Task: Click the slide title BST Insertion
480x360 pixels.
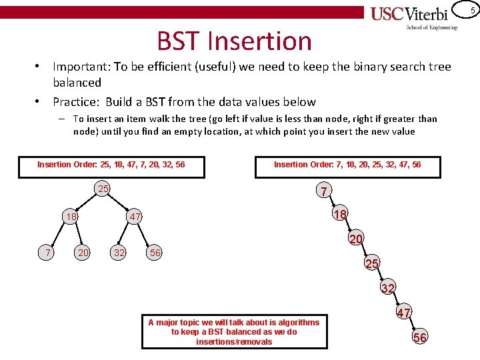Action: (234, 41)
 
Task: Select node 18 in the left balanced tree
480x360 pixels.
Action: (71, 217)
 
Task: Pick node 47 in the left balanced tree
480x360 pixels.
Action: (135, 217)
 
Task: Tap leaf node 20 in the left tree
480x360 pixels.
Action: (83, 252)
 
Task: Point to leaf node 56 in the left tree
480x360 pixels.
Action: (155, 252)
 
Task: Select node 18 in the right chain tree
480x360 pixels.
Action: (340, 215)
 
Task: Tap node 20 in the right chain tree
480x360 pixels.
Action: (356, 239)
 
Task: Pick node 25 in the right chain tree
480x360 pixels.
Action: (372, 264)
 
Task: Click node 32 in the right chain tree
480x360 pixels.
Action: (388, 288)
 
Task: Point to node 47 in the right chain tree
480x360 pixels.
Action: (404, 313)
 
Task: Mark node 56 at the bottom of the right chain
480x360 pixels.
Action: (420, 337)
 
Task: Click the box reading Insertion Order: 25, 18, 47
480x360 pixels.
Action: (111, 165)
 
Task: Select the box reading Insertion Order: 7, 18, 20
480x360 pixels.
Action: (347, 165)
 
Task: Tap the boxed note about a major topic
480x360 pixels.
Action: (234, 331)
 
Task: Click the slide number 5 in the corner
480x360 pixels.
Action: (472, 9)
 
